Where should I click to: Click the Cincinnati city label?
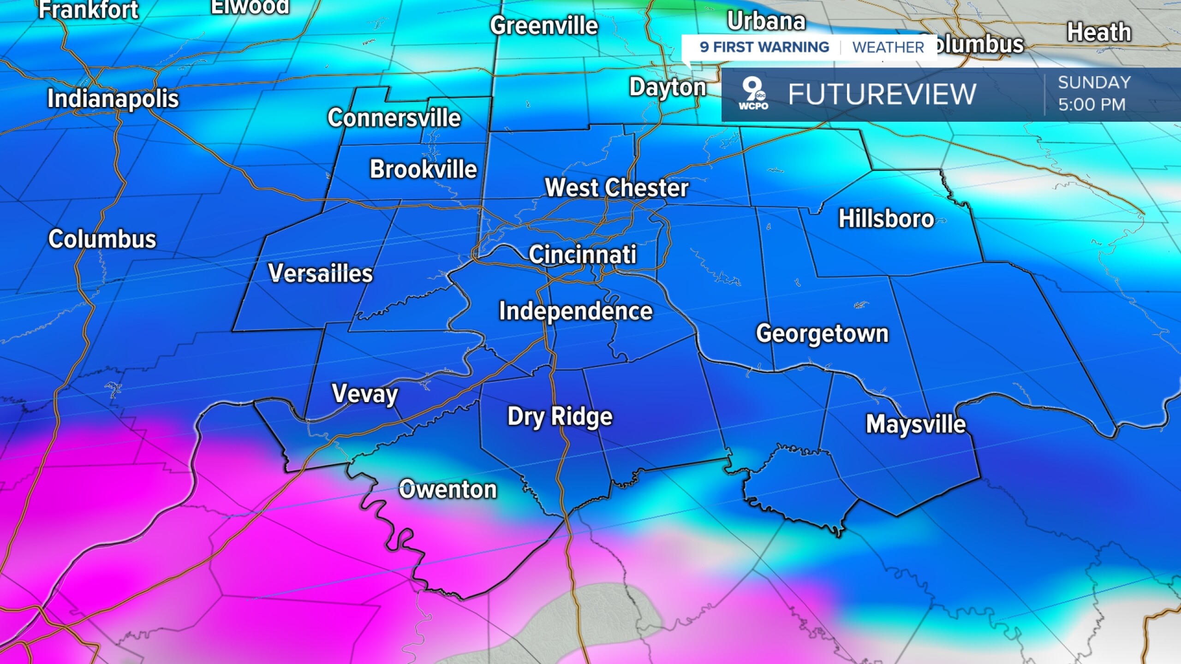pyautogui.click(x=582, y=255)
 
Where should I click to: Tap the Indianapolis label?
pyautogui.click(x=113, y=99)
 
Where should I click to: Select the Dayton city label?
pyautogui.click(x=668, y=88)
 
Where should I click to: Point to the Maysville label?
pyautogui.click(x=916, y=424)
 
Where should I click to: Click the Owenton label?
pyautogui.click(x=447, y=489)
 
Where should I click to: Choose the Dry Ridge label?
pyautogui.click(x=560, y=417)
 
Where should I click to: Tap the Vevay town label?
pyautogui.click(x=365, y=394)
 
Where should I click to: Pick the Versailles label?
pyautogui.click(x=320, y=273)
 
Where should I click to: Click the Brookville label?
pyautogui.click(x=423, y=169)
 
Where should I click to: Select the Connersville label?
pyautogui.click(x=394, y=118)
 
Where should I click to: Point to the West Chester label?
pyautogui.click(x=617, y=188)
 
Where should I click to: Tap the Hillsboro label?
pyautogui.click(x=886, y=219)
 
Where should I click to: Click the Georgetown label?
pyautogui.click(x=822, y=333)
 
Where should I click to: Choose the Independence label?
pyautogui.click(x=576, y=311)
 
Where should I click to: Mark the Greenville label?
pyautogui.click(x=544, y=25)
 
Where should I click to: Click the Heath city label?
pyautogui.click(x=1099, y=33)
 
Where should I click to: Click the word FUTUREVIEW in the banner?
pyautogui.click(x=882, y=95)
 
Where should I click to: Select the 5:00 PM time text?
pyautogui.click(x=1092, y=105)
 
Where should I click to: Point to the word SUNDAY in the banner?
pyautogui.click(x=1094, y=83)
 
